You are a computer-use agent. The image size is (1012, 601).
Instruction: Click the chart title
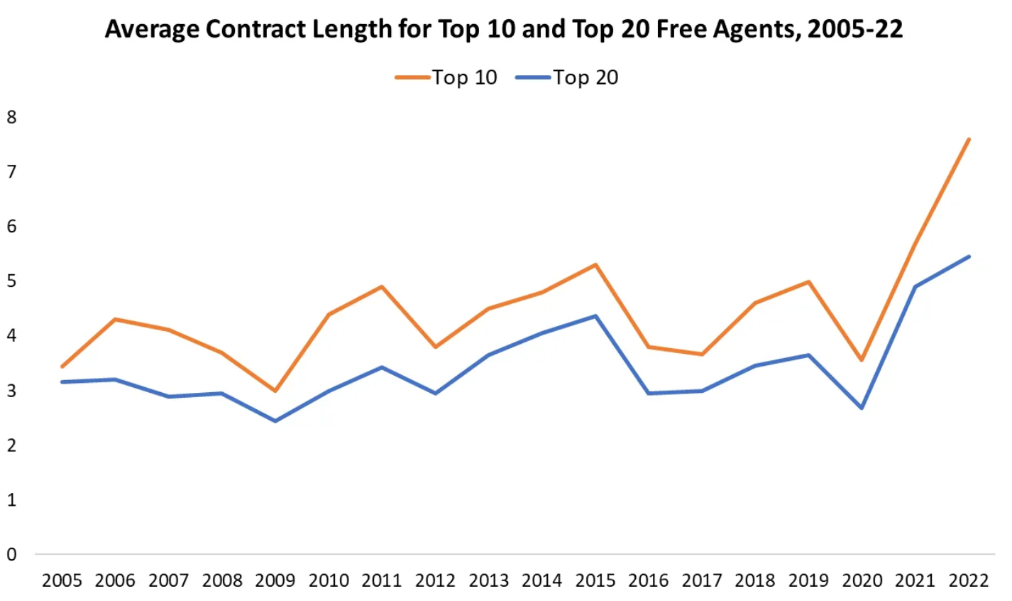(504, 30)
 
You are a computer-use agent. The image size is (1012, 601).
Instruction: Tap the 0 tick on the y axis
(11, 555)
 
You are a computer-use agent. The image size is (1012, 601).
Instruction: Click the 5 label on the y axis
(11, 281)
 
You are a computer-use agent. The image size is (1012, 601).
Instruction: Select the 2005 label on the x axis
(62, 581)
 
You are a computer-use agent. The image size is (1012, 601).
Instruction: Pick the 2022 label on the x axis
(969, 581)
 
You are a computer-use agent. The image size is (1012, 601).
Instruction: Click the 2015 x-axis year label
(595, 581)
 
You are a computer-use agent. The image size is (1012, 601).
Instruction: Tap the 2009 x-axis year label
(275, 581)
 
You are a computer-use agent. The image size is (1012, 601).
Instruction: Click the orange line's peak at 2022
(969, 139)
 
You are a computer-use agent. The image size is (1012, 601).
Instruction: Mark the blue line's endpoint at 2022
(969, 256)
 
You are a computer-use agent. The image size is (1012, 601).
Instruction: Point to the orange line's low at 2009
(275, 391)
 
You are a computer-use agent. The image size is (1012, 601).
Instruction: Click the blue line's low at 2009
(275, 421)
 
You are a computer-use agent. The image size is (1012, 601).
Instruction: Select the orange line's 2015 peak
(595, 265)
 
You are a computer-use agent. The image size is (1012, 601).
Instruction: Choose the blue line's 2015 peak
(595, 316)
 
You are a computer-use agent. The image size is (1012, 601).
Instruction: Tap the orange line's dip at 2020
(862, 360)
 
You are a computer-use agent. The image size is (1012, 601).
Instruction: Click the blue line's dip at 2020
(862, 408)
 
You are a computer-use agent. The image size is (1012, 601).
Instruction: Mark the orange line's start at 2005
(62, 367)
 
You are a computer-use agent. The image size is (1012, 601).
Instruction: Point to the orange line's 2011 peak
(382, 287)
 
